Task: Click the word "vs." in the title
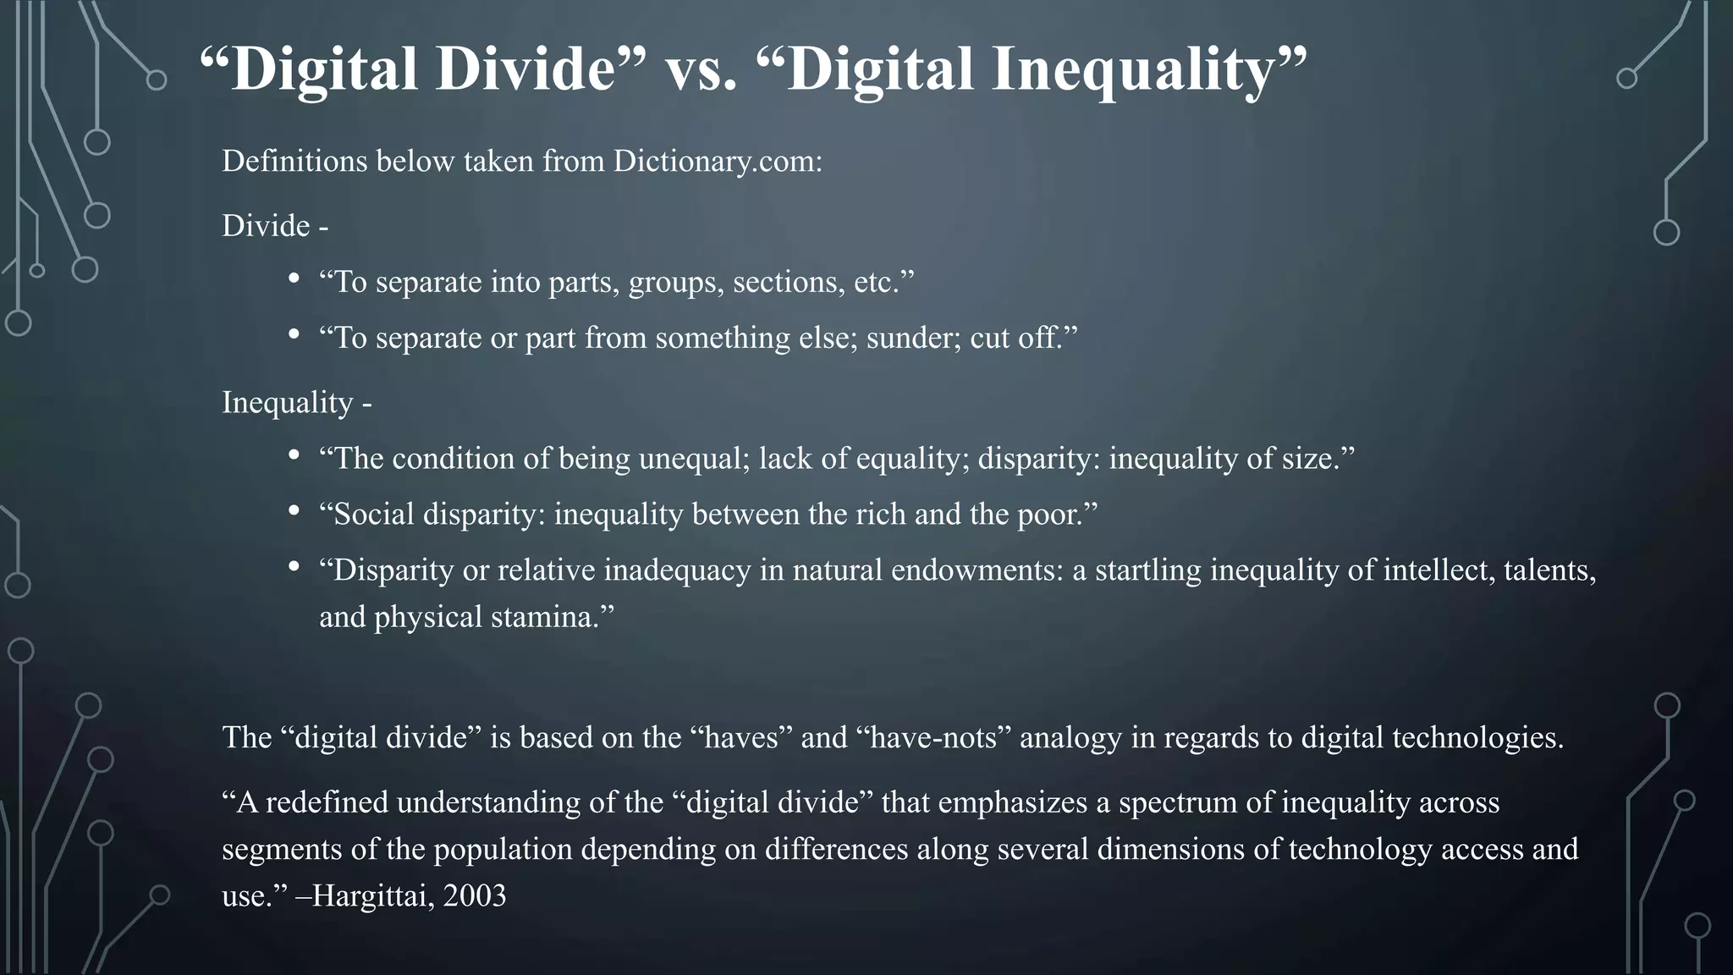701,69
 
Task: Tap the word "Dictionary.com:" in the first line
718,161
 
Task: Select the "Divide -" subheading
275,226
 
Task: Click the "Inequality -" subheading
296,402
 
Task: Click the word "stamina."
552,617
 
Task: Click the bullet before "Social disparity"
294,511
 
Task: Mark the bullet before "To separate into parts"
294,278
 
